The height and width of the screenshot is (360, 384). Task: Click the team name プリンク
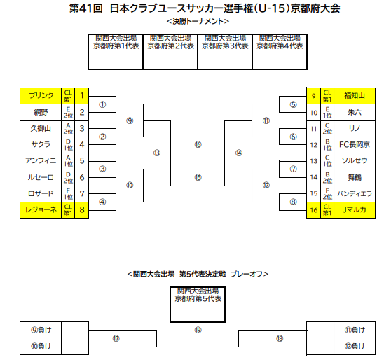(x=41, y=95)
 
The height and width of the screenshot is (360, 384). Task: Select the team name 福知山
(x=355, y=95)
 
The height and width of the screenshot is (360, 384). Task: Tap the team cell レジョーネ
(x=41, y=209)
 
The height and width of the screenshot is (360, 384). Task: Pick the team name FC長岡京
(x=355, y=145)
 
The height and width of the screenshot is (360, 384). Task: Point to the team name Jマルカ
(x=355, y=209)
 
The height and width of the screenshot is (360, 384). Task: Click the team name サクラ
(x=41, y=144)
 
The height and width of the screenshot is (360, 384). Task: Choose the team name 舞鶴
(x=355, y=177)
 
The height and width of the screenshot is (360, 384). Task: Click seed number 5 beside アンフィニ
(x=82, y=161)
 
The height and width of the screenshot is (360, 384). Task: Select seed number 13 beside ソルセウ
(x=314, y=161)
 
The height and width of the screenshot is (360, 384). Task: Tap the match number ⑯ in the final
(x=198, y=145)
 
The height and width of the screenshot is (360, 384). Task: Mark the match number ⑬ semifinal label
(x=157, y=153)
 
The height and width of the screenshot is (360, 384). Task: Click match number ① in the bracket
(x=102, y=105)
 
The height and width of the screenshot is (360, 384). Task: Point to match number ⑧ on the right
(x=293, y=202)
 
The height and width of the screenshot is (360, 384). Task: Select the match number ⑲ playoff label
(x=198, y=330)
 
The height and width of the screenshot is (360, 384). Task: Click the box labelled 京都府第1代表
(x=116, y=52)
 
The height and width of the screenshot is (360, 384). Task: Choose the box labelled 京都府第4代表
(x=280, y=52)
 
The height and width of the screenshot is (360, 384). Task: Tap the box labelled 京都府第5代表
(x=198, y=305)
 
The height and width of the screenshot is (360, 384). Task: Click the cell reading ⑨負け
(x=41, y=330)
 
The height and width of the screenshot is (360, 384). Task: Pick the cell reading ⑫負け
(x=355, y=346)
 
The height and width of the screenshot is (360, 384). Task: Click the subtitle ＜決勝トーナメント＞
(x=198, y=21)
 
